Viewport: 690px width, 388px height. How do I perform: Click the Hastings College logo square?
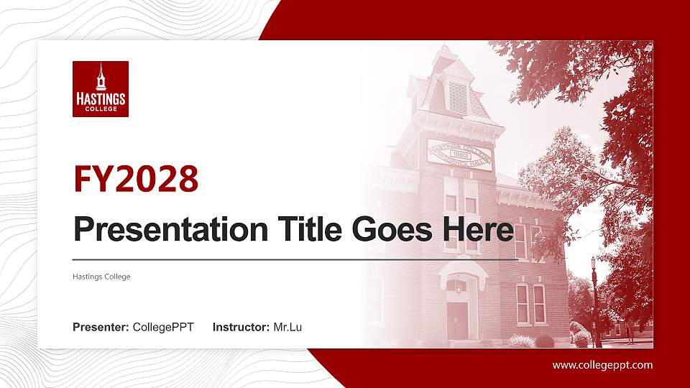(x=101, y=88)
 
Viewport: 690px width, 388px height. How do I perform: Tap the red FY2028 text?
(x=136, y=180)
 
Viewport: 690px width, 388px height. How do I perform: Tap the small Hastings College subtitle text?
(x=101, y=277)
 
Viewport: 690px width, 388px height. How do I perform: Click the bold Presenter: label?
(x=101, y=328)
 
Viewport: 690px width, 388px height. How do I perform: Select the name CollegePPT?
(x=163, y=328)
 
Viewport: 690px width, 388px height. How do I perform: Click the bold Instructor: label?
(x=241, y=328)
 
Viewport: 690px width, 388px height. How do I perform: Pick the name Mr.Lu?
(x=287, y=328)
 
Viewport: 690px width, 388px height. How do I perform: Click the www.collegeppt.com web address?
(x=602, y=365)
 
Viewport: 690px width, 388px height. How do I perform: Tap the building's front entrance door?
(x=457, y=320)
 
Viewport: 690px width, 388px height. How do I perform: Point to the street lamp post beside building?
(x=594, y=302)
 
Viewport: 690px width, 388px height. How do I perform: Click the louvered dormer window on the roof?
(x=457, y=96)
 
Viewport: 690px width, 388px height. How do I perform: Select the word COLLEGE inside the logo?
(x=101, y=108)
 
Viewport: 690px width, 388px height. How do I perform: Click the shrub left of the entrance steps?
(x=424, y=339)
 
